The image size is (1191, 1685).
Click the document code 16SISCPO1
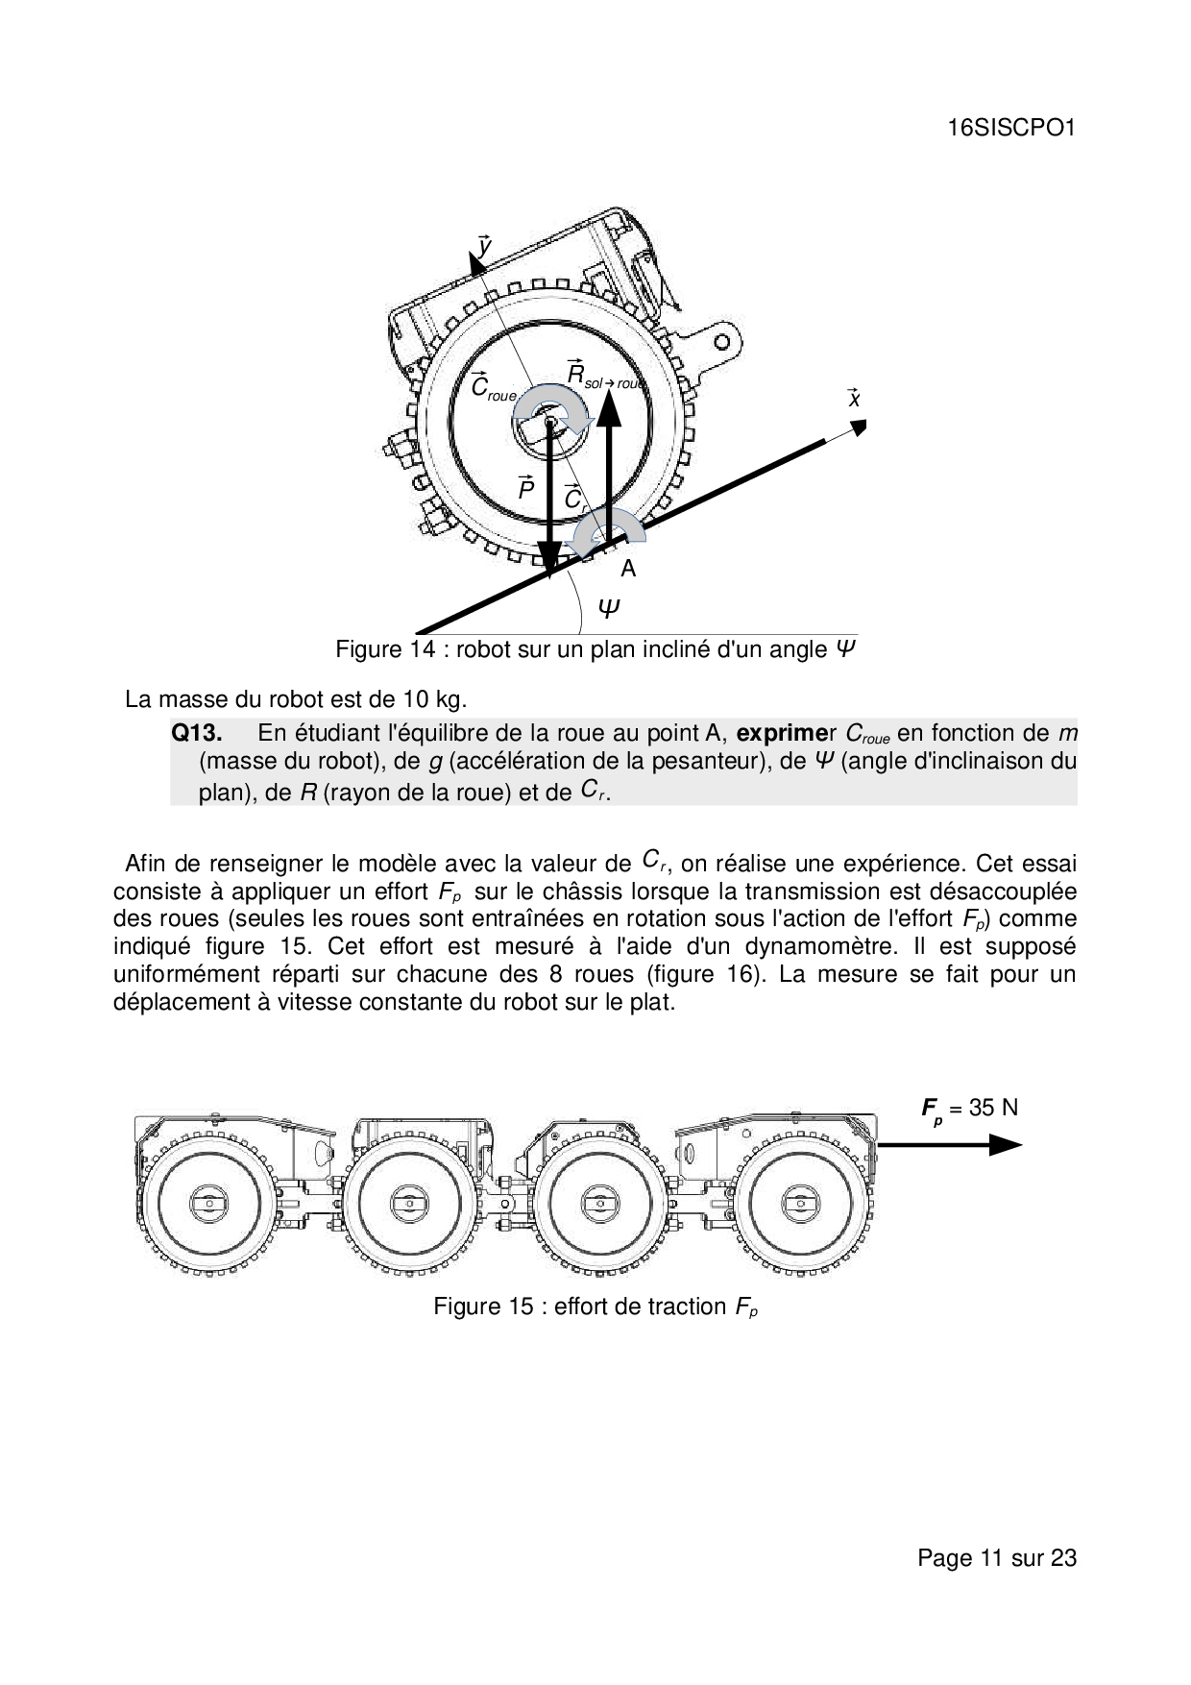tap(1010, 129)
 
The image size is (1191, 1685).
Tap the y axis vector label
tap(484, 247)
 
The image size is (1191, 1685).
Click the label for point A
tap(628, 569)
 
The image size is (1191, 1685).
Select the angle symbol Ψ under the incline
tap(609, 608)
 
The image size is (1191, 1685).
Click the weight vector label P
tap(525, 488)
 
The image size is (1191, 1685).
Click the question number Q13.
tap(197, 733)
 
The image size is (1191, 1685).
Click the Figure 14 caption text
tap(595, 649)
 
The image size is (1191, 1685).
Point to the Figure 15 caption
tap(595, 1306)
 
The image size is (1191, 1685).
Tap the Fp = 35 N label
tap(969, 1109)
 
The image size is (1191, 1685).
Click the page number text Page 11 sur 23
tap(997, 1557)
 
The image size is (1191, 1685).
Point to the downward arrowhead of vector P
tap(548, 560)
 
